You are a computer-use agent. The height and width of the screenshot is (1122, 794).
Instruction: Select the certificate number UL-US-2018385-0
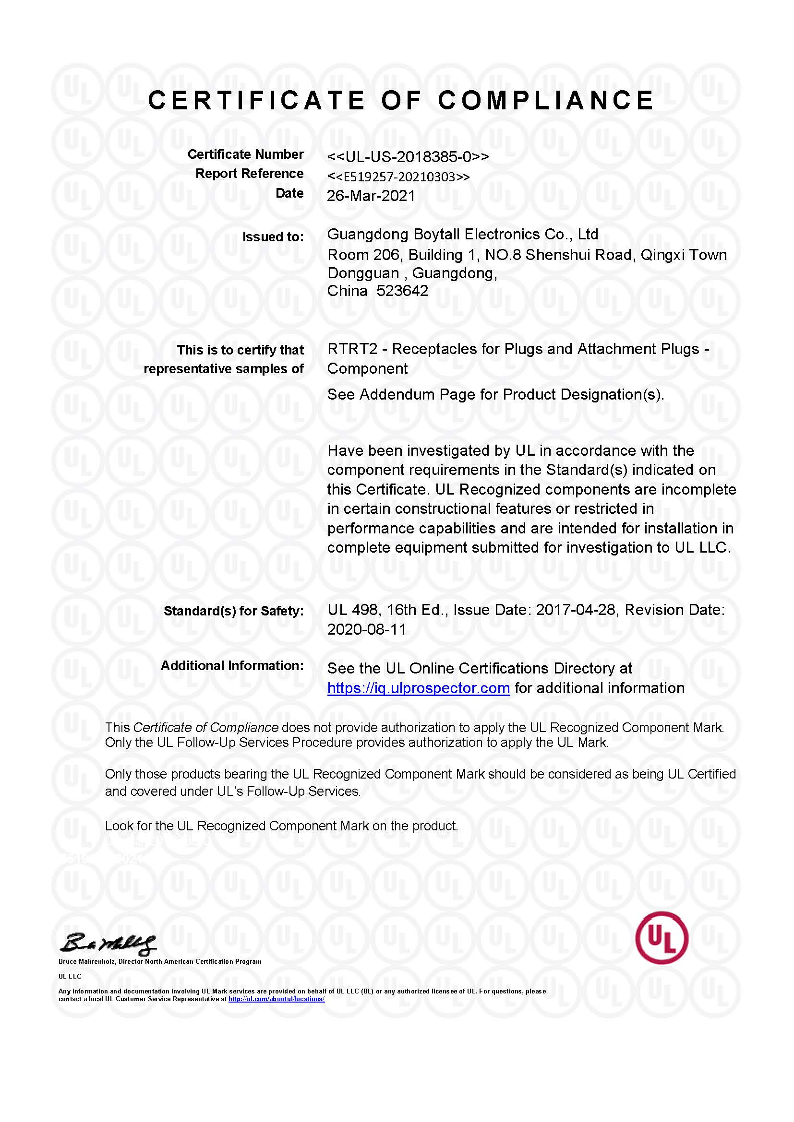click(408, 157)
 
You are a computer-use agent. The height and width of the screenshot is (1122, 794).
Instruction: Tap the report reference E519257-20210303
click(398, 177)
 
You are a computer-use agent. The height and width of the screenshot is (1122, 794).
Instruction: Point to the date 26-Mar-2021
click(371, 196)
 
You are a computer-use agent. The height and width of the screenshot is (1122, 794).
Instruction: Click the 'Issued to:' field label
click(273, 237)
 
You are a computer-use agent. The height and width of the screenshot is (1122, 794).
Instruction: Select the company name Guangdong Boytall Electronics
click(462, 235)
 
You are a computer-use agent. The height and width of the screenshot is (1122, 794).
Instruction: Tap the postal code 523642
click(402, 291)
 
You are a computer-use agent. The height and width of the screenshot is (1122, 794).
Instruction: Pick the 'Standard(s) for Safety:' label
click(233, 611)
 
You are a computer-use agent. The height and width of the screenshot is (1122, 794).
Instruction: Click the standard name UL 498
click(352, 610)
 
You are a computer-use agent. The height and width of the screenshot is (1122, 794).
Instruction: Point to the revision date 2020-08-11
click(367, 629)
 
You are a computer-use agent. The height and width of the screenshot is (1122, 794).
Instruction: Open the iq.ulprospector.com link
click(419, 688)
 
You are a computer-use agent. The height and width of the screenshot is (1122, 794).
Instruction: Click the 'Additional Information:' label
click(232, 666)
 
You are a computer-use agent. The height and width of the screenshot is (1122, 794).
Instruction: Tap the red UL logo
click(662, 938)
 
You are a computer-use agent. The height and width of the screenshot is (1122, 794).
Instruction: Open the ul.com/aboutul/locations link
click(276, 999)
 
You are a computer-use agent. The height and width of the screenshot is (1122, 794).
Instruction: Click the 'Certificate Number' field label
click(245, 154)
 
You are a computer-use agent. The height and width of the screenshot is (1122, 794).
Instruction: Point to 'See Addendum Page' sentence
click(495, 394)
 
